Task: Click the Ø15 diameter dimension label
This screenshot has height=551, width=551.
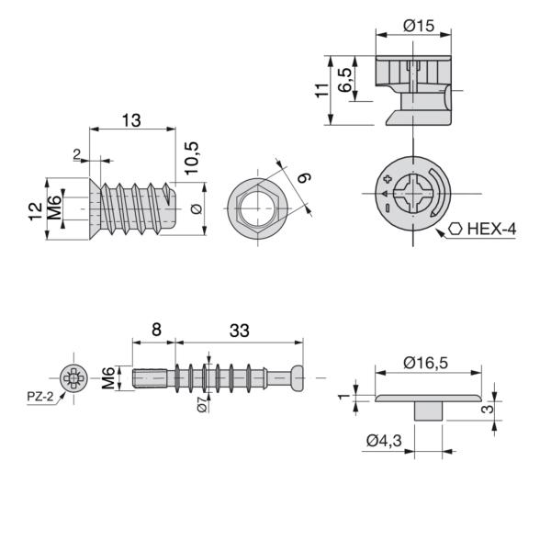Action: click(419, 26)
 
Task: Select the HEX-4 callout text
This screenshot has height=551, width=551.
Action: click(491, 229)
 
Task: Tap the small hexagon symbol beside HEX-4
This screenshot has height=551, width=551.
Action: click(455, 229)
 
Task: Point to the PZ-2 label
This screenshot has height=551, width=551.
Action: click(40, 397)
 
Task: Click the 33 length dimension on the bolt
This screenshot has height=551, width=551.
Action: click(240, 331)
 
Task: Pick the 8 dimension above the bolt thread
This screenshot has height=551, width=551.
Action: click(156, 330)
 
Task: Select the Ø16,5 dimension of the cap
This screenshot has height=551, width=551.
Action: click(425, 363)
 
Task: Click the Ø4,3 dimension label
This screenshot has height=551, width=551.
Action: click(384, 440)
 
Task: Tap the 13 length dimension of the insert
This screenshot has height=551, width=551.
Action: click(131, 120)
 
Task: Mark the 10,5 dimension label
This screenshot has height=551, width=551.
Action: click(192, 158)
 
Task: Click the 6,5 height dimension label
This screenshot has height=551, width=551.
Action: click(344, 80)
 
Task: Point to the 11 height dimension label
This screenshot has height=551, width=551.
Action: click(321, 90)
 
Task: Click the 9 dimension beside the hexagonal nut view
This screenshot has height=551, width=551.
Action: click(304, 178)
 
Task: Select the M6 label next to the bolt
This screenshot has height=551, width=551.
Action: click(108, 378)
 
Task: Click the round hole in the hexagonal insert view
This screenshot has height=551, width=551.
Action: click(257, 208)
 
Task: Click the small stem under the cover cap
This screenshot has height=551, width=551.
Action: click(428, 411)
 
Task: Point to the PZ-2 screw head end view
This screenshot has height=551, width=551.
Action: click(73, 378)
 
